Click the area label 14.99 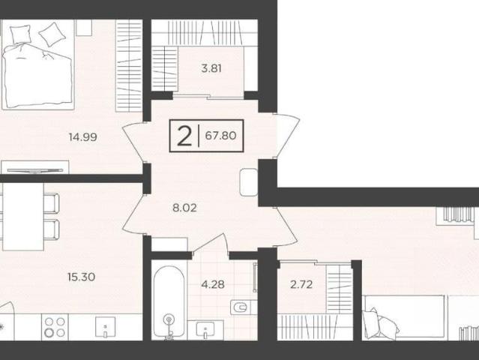tap(83, 137)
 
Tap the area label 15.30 tap(81, 277)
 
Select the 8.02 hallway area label tap(184, 208)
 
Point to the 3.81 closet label tap(211, 68)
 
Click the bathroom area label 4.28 tap(213, 284)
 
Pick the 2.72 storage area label tap(301, 284)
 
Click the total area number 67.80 tap(220, 135)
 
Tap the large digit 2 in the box tap(184, 136)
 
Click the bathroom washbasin tap(205, 330)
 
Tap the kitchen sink tap(106, 327)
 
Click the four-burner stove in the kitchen tap(55, 327)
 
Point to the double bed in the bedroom tap(38, 64)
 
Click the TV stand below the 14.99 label tap(35, 167)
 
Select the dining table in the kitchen tap(23, 216)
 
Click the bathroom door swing tap(211, 243)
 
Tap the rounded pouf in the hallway tap(249, 182)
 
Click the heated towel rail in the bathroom tap(256, 277)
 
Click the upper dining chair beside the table tap(51, 202)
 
